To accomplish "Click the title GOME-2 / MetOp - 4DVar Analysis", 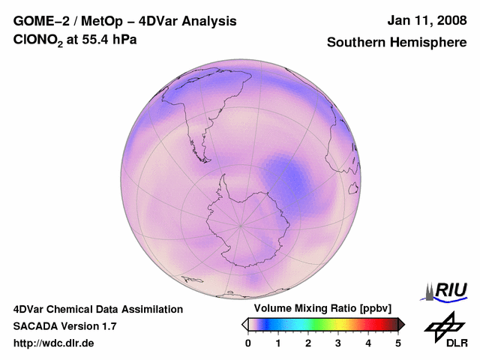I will tap(125, 21).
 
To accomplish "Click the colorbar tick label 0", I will tap(248, 343).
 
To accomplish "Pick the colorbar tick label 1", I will tap(278, 343).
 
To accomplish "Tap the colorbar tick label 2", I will tap(308, 343).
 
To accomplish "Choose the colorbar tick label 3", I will tap(338, 343).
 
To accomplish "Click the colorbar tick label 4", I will tap(368, 343).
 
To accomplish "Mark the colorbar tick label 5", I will tap(398, 343).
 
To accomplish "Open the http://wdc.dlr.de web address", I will tap(54, 343).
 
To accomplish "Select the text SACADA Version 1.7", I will tap(65, 326).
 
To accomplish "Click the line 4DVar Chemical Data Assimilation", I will tap(98, 309).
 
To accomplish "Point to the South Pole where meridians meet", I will tap(241, 224).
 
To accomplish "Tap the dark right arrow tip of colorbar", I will tap(402, 324).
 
